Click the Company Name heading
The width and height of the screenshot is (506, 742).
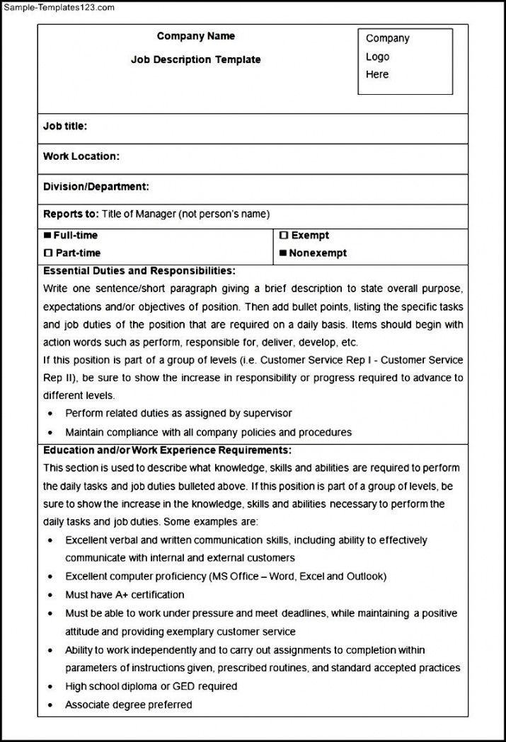pos(196,36)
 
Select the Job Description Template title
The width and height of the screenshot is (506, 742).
pos(196,60)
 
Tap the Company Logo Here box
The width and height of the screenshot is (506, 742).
pos(405,61)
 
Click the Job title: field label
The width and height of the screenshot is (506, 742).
pos(65,127)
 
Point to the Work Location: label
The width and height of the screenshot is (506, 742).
pos(81,156)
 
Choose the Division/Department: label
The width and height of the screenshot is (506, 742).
pos(96,187)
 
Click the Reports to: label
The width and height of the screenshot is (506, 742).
pos(71,214)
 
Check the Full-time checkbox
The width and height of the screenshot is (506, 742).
pos(47,236)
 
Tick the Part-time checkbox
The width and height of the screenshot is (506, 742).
pos(48,253)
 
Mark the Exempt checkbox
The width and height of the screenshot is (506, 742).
pos(283,236)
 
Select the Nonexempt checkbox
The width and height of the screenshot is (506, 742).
pos(283,253)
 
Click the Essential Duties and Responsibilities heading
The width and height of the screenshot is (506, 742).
pos(139,271)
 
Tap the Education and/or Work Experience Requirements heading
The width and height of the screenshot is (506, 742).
pos(167,450)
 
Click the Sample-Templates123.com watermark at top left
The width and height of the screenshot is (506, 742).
pos(57,7)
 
